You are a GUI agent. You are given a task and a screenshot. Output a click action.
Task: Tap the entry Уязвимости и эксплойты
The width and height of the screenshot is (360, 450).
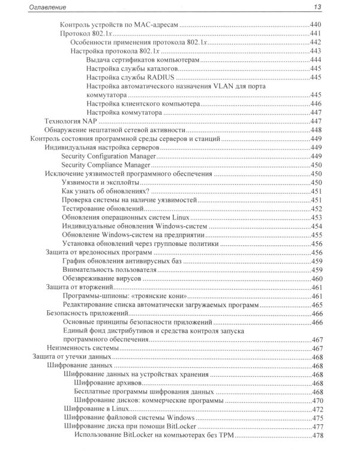[x=101, y=183]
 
